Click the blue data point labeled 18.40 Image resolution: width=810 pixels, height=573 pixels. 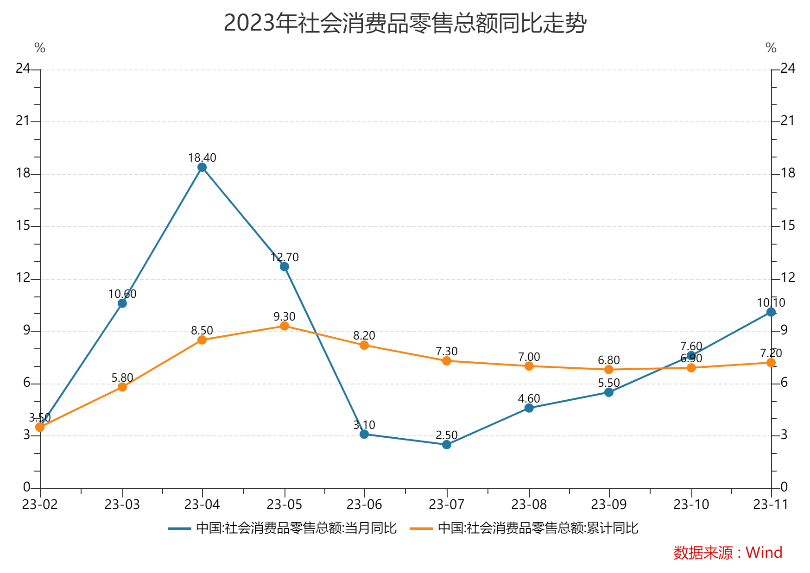202,167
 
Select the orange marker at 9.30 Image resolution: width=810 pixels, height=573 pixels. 285,326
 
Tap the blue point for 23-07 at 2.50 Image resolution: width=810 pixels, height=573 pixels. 447,445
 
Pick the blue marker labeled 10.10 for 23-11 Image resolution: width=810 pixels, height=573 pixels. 771,312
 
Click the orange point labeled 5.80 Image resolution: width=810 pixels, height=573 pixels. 122,387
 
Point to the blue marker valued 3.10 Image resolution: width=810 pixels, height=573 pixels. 364,434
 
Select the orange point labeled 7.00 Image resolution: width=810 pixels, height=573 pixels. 529,366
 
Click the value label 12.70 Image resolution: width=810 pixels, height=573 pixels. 285,257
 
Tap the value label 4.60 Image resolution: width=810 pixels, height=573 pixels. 529,398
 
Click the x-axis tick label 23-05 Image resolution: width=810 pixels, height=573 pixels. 285,504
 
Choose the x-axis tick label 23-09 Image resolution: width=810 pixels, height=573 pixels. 609,504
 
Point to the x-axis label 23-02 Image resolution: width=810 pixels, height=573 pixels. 40,504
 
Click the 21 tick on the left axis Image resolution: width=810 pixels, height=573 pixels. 23,121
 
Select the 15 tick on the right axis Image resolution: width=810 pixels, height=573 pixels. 788,226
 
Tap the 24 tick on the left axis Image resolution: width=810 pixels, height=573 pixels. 23,69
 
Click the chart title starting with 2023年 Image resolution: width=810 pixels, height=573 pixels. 405,23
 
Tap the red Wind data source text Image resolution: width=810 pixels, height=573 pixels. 728,552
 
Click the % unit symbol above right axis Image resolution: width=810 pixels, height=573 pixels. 771,48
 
